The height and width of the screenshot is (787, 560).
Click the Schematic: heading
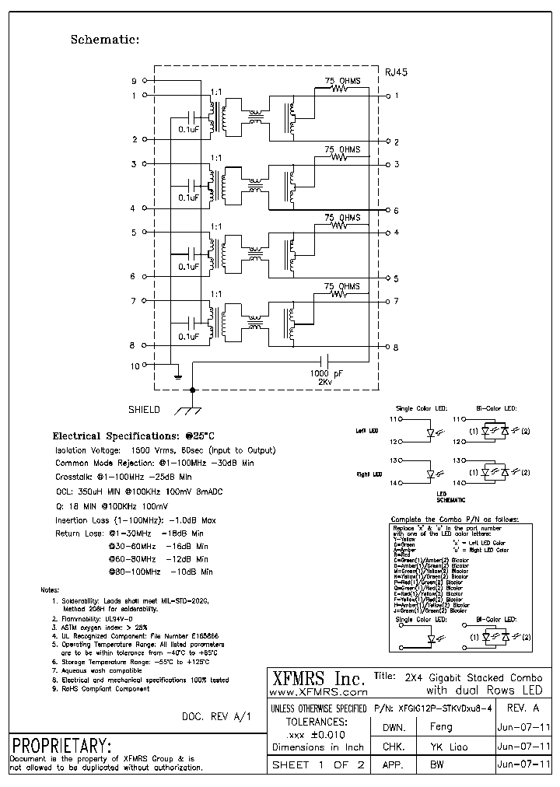click(x=105, y=39)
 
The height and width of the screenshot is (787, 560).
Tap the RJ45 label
click(x=397, y=71)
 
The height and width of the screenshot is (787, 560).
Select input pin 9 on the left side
click(x=134, y=81)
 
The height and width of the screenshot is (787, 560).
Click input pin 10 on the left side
click(x=134, y=366)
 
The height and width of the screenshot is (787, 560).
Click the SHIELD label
click(x=144, y=409)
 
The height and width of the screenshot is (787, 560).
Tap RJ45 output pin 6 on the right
click(x=396, y=211)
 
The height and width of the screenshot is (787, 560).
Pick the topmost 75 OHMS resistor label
click(x=341, y=80)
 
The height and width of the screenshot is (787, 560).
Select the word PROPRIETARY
click(x=60, y=743)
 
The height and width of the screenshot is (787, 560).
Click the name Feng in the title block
click(x=441, y=726)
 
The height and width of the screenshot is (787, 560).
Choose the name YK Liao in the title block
click(x=441, y=746)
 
